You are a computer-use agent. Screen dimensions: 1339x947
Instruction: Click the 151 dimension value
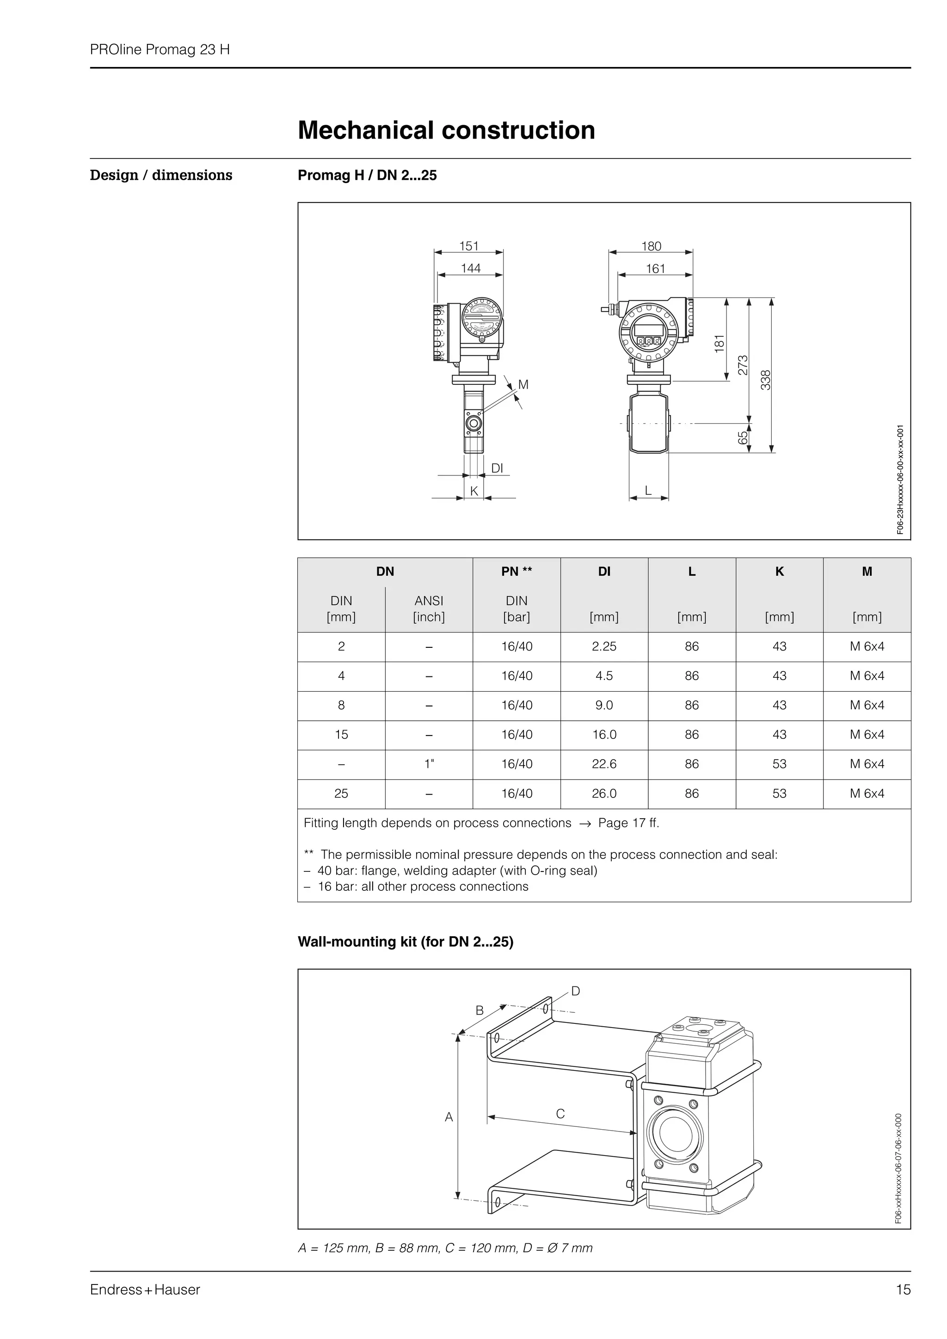click(x=468, y=246)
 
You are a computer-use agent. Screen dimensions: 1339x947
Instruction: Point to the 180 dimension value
click(x=651, y=246)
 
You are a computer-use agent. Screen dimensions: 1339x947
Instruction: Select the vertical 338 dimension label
click(x=766, y=380)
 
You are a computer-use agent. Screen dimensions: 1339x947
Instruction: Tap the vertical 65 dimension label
click(x=743, y=438)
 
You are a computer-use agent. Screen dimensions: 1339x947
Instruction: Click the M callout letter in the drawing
click(x=523, y=384)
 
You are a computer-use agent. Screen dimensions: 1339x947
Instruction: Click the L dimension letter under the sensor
click(x=648, y=491)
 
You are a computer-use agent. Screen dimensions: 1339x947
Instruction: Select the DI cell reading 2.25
click(x=604, y=646)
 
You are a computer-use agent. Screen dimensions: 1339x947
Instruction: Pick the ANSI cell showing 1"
click(x=429, y=764)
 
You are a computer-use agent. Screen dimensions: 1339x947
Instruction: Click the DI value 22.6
click(x=604, y=764)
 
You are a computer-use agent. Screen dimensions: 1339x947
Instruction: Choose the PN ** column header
click(x=517, y=572)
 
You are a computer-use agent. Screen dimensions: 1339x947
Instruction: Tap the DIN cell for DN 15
click(x=341, y=735)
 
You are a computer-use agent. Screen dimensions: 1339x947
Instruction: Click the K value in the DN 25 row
click(x=779, y=793)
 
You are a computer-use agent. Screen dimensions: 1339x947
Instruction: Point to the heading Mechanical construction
click(x=446, y=130)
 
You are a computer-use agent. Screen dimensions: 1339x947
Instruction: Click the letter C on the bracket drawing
click(x=560, y=1114)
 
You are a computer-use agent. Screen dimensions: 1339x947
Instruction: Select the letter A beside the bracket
click(x=449, y=1117)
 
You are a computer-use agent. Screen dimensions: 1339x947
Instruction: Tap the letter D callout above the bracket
click(x=575, y=991)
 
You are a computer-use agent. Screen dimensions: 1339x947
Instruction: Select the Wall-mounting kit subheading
click(x=406, y=942)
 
